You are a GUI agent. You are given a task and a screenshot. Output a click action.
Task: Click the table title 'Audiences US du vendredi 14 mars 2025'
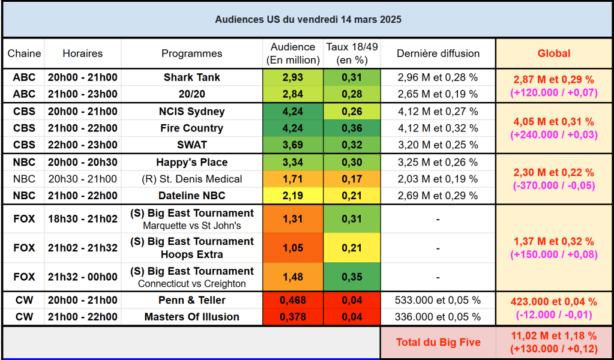click(308, 19)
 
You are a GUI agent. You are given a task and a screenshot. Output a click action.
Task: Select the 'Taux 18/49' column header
click(352, 53)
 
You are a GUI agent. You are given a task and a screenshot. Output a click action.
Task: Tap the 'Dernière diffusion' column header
click(438, 53)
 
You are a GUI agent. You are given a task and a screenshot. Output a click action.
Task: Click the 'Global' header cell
click(553, 53)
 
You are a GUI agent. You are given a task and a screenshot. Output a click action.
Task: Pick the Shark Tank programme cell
click(192, 77)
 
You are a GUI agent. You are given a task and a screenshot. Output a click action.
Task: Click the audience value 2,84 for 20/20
click(293, 94)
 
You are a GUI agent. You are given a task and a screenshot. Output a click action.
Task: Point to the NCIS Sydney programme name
click(192, 112)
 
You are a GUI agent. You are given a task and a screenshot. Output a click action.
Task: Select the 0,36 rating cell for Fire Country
click(352, 128)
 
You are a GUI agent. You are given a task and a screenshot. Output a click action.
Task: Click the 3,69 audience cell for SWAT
click(293, 145)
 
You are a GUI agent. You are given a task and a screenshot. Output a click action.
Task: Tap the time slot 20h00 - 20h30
click(83, 162)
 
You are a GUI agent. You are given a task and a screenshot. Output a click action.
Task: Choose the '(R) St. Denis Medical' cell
click(192, 179)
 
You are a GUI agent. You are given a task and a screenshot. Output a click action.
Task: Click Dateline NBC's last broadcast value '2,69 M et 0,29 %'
click(438, 196)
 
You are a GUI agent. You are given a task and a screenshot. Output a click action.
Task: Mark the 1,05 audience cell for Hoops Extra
click(293, 248)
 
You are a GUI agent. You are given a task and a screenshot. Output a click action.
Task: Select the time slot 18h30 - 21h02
click(83, 219)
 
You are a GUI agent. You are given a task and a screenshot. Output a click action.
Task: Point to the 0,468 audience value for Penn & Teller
click(293, 300)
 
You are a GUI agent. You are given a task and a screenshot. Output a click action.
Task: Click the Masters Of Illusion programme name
click(192, 317)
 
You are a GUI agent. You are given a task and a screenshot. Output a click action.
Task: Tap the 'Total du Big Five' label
click(438, 343)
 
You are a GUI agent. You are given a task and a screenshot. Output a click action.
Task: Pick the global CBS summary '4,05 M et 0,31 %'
click(553, 122)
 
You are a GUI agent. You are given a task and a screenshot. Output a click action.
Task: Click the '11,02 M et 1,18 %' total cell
click(553, 337)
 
